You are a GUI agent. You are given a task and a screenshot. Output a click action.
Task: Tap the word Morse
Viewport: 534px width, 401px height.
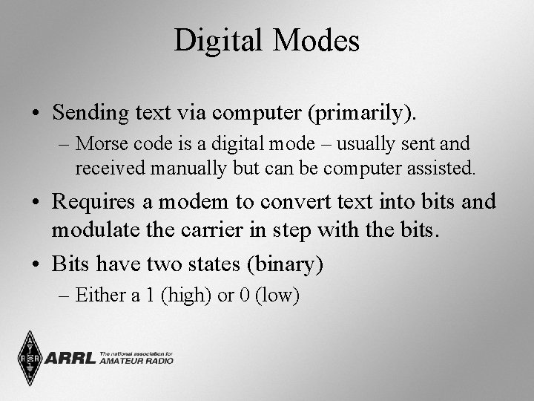pos(99,143)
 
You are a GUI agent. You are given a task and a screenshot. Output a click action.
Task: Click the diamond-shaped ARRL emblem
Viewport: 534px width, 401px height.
pos(30,359)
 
